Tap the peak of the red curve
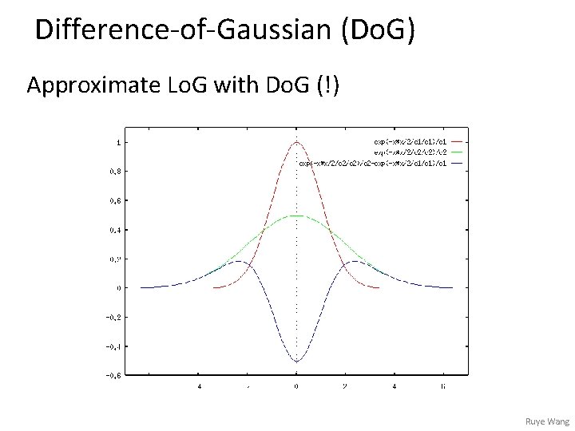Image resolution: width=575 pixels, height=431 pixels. pyautogui.click(x=296, y=142)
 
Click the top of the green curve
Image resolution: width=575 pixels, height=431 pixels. pyautogui.click(x=296, y=215)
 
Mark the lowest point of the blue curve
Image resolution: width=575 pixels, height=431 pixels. pyautogui.click(x=296, y=361)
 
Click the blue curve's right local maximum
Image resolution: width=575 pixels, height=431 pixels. pyautogui.click(x=349, y=261)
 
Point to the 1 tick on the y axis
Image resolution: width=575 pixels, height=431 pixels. pyautogui.click(x=119, y=142)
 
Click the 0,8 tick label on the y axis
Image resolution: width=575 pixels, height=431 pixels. pyautogui.click(x=116, y=171)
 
